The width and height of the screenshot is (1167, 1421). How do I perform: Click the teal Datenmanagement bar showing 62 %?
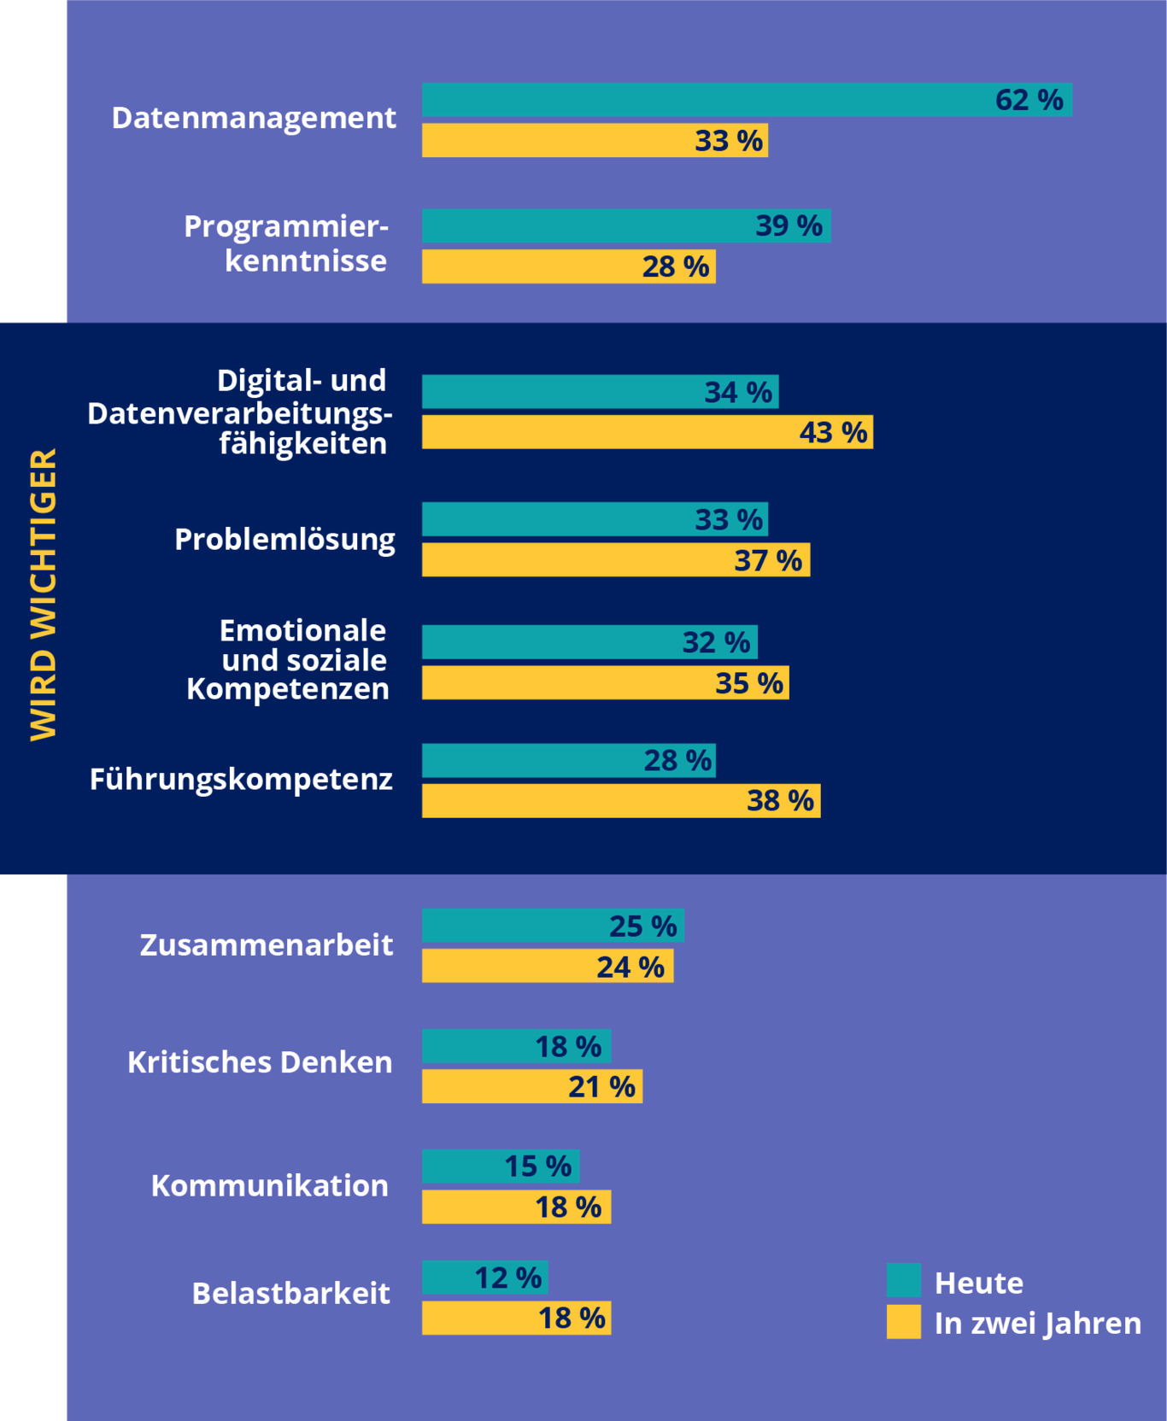coord(747,100)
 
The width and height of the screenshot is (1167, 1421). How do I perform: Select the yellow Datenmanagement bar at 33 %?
coord(595,140)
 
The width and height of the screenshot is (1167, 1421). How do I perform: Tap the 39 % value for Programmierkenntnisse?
coord(789,226)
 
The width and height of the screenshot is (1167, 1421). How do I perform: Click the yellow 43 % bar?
coord(647,432)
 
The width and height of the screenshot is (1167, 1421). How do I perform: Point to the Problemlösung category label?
coord(284,540)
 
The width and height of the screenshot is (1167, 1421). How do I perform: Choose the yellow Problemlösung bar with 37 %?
coord(615,560)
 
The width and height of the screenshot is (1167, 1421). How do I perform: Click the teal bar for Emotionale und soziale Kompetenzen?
coord(589,642)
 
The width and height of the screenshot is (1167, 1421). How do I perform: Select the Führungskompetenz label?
coord(241,780)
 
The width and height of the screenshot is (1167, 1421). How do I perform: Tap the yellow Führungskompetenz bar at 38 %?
coord(620,801)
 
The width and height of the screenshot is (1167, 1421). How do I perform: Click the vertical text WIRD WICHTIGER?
coord(43,594)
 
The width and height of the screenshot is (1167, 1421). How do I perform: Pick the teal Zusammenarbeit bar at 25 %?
coord(553,926)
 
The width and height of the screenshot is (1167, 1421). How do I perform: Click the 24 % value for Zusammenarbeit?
coord(630,967)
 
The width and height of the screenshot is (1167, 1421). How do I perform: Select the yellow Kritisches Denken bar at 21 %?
coord(531,1086)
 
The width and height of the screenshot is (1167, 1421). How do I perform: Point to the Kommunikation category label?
coord(270,1186)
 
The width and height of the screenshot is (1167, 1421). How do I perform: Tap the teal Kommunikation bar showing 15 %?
coord(501,1167)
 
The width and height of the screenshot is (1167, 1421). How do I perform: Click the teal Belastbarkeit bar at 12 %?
coord(484,1278)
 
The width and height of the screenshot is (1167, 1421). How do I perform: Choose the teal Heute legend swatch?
coord(904,1280)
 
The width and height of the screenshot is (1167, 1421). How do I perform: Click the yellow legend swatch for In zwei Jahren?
coord(904,1322)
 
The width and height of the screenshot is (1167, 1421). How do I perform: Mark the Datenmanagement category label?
coord(254,118)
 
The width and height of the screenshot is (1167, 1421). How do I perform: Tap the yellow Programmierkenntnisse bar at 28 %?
coord(568,266)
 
